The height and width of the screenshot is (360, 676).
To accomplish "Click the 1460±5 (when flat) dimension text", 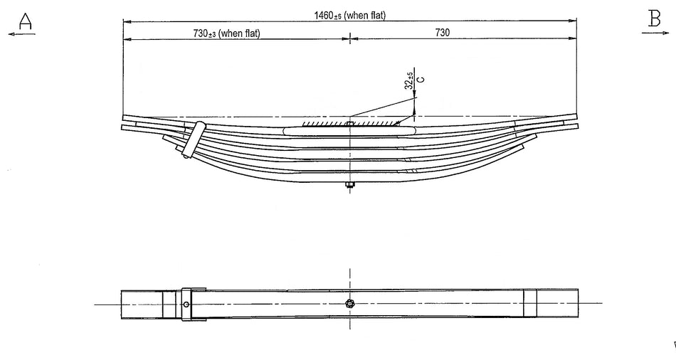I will click(349, 15).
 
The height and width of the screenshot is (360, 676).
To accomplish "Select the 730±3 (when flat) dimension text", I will click(224, 33).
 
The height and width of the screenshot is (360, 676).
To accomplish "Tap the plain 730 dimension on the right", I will click(442, 33).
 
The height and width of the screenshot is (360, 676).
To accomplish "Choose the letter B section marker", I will click(654, 19).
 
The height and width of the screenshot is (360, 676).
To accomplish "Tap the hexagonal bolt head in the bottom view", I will click(349, 304).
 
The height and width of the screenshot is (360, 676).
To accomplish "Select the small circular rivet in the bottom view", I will click(186, 305).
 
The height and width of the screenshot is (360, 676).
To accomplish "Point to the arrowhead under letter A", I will click(11, 33).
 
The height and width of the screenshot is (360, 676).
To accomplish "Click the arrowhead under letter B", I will click(667, 32).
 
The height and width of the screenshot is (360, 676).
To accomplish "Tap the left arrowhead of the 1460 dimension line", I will click(126, 21).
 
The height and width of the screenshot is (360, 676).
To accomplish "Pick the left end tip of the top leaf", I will click(124, 117).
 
